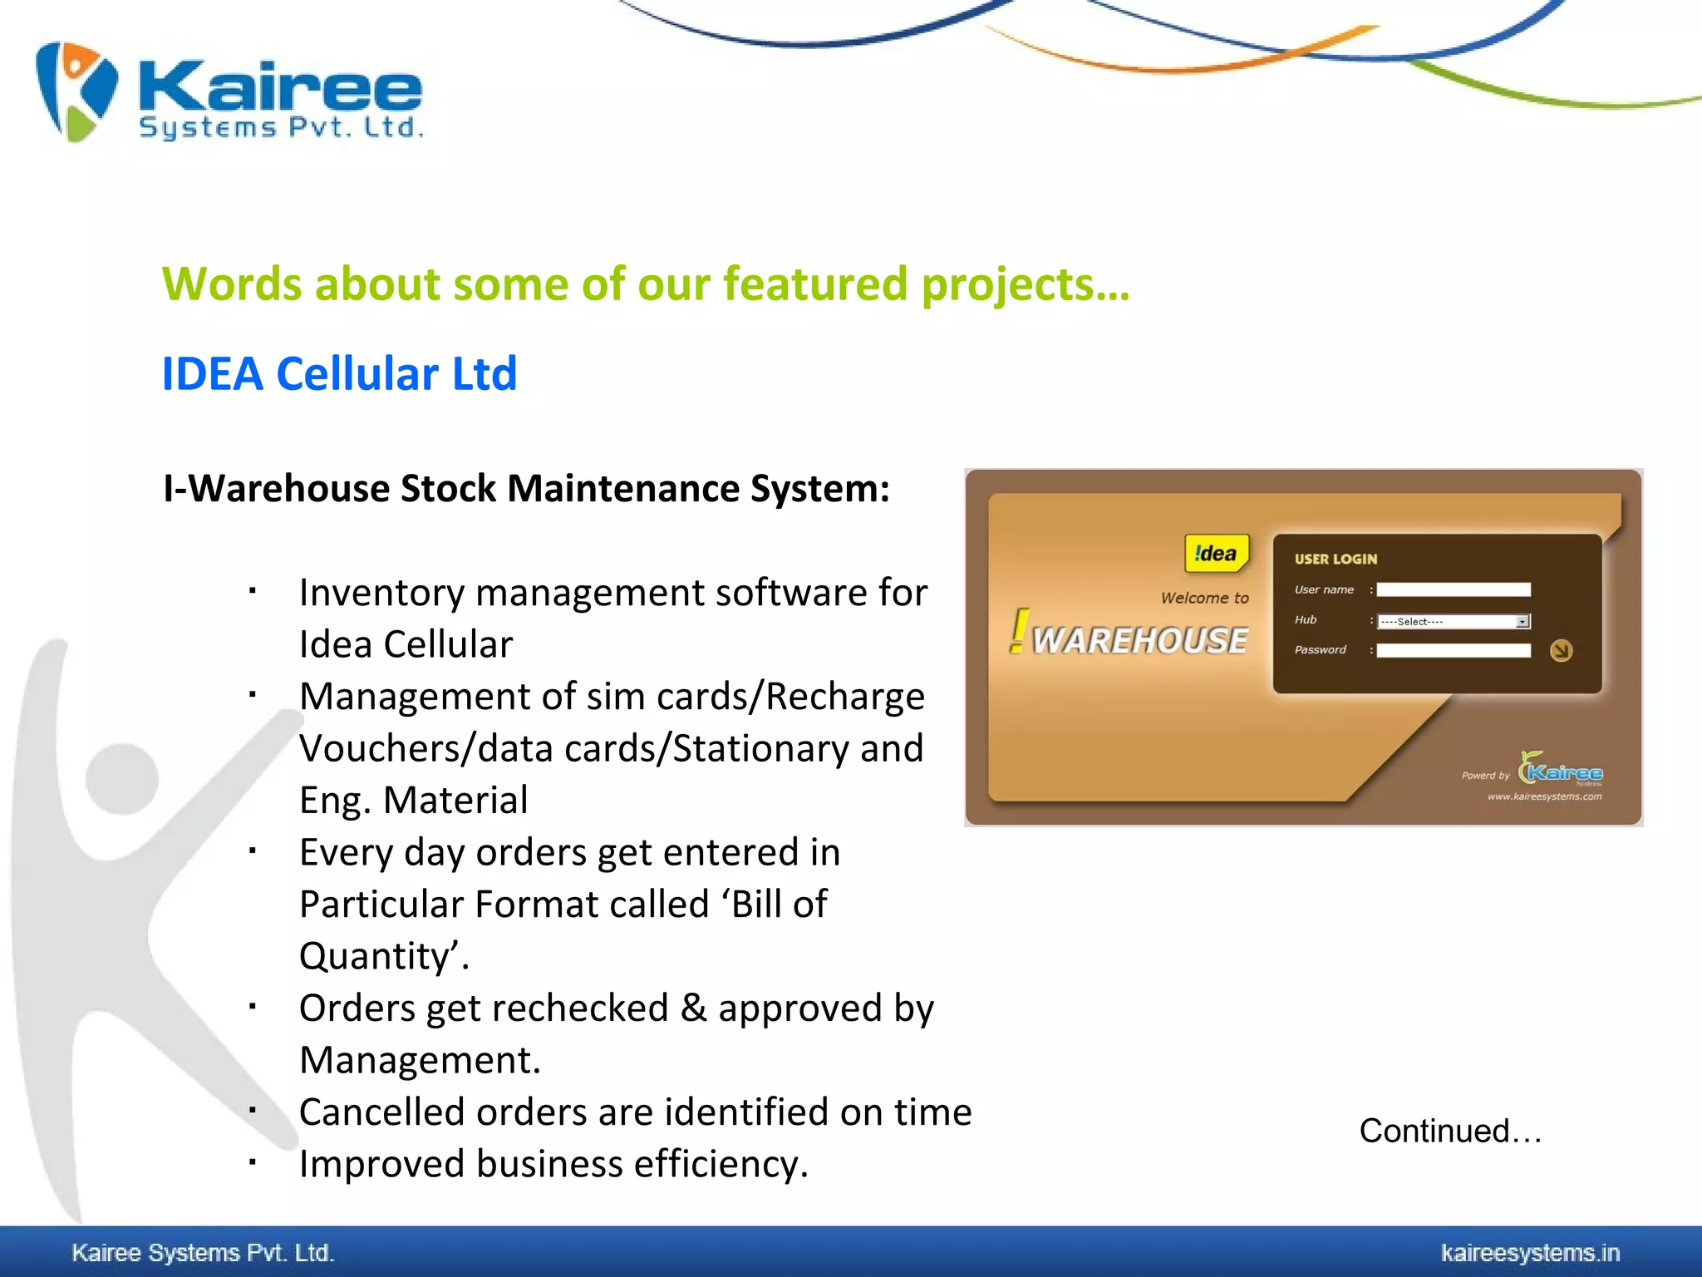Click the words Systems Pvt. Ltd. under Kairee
(281, 128)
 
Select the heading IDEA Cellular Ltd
(339, 373)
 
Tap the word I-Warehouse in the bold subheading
(277, 488)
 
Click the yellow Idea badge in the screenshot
(1216, 554)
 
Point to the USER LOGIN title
(1336, 560)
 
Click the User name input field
(1453, 589)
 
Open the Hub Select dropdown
(1453, 621)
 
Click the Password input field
(1453, 650)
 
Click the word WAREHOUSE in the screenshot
(1139, 640)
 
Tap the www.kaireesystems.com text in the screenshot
(1544, 796)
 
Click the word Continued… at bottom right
(1450, 1131)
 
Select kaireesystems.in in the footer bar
(1530, 1253)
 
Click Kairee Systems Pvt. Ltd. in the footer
(203, 1253)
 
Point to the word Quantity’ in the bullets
(378, 956)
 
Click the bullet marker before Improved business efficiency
(252, 1162)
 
